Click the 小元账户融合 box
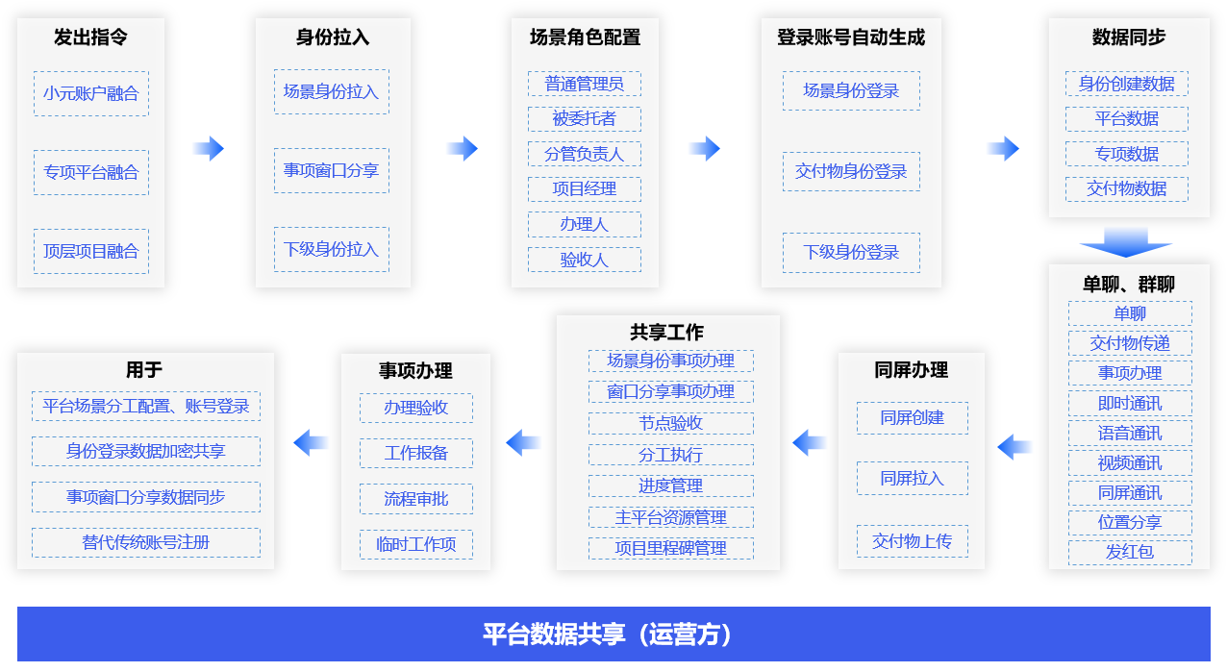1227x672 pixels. tap(91, 93)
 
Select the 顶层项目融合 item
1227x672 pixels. tap(91, 251)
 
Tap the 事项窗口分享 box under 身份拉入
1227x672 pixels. tap(332, 170)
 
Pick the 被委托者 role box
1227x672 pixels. tap(585, 119)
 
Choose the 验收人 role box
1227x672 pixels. tap(585, 260)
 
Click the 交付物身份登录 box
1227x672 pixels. tap(851, 171)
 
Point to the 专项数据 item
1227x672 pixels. tap(1127, 154)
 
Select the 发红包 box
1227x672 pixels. tap(1130, 552)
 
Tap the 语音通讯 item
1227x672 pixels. tap(1130, 434)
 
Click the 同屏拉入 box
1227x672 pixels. tap(912, 478)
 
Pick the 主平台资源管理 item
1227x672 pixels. tap(671, 517)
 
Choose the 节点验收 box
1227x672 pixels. tap(671, 423)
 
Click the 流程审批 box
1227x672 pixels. tap(416, 499)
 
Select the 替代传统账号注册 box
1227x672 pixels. tap(146, 543)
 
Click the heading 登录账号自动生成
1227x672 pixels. tap(851, 37)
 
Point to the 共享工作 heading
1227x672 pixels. tap(667, 332)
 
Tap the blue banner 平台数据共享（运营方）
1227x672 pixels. tap(614, 634)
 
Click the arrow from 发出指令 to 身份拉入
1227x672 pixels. tap(209, 148)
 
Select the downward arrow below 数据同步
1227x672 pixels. tap(1126, 242)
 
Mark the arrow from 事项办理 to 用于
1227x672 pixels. tap(311, 442)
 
